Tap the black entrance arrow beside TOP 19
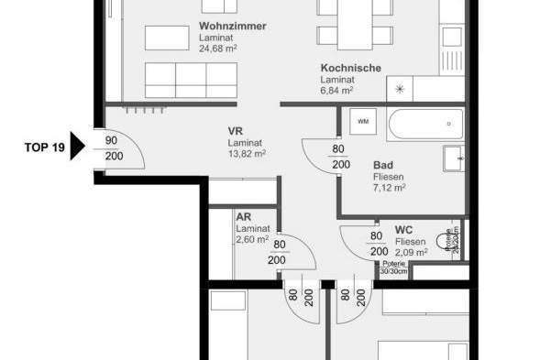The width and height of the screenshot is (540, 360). [78, 147]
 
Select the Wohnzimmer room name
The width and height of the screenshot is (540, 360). [232, 27]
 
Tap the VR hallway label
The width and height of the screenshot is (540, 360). [236, 131]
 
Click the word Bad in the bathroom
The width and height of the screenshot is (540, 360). [383, 166]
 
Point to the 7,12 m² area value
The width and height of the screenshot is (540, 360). [390, 187]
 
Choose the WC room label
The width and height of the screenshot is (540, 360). [402, 229]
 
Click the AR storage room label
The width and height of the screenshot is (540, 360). [244, 217]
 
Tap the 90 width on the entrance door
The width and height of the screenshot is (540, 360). [112, 140]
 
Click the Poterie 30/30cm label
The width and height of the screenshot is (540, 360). [393, 267]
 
